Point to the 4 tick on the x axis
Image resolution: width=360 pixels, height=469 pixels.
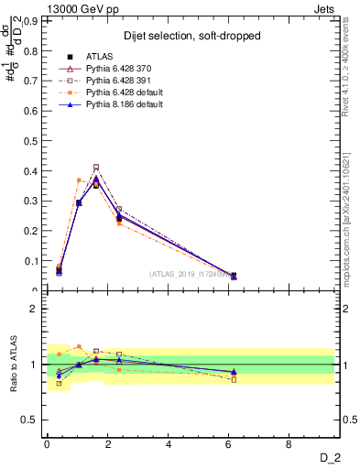[x=169, y=445]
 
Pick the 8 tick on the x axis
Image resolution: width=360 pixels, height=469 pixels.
[x=289, y=445]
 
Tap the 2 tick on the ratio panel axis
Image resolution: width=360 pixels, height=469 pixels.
[x=38, y=309]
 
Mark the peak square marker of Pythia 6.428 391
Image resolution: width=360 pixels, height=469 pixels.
[x=96, y=167]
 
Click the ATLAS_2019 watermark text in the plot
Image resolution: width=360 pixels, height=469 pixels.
[x=192, y=273]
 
